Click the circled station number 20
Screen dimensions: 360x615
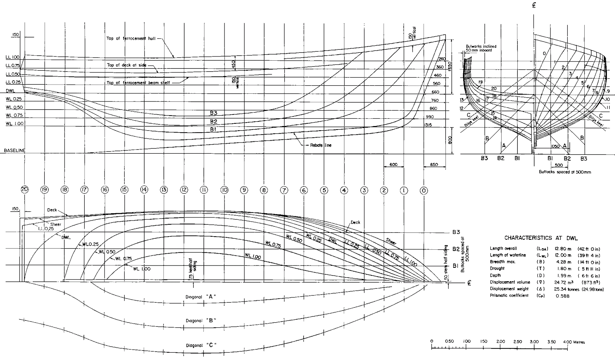(x=25, y=189)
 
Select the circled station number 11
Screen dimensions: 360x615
(x=204, y=189)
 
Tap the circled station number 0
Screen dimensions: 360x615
(x=424, y=189)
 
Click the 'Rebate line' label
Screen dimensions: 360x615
(x=321, y=146)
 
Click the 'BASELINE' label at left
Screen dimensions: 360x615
(x=14, y=151)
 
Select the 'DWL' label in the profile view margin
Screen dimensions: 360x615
(x=10, y=91)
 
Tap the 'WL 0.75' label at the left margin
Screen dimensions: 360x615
(x=15, y=115)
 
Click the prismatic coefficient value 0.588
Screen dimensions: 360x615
(x=562, y=295)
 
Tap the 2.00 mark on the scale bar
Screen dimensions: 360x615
(x=500, y=342)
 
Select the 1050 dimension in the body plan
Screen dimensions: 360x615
(x=555, y=147)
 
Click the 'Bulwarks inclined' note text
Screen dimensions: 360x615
(x=481, y=46)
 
